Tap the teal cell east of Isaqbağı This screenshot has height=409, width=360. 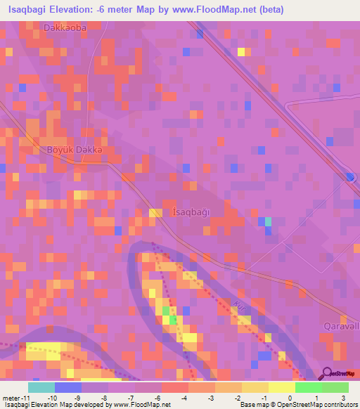(x=268, y=222)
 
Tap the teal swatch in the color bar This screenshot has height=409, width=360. (x=41, y=387)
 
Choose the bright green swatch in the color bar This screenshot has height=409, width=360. (x=309, y=387)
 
